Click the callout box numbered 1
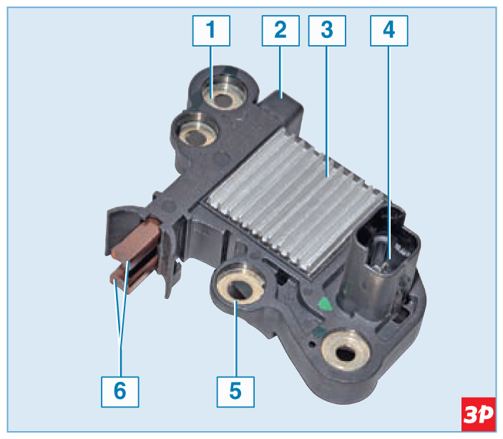(211, 31)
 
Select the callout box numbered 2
(280, 31)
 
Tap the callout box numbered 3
(327, 31)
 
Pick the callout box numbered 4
(389, 31)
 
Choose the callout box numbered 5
(235, 392)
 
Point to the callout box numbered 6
(120, 392)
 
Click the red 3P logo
(478, 414)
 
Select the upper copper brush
(137, 239)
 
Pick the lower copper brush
(132, 276)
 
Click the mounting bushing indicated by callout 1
(225, 92)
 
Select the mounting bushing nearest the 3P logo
(346, 351)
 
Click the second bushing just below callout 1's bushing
(196, 131)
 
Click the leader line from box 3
(327, 112)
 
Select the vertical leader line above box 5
(236, 339)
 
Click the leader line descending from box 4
(389, 152)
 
